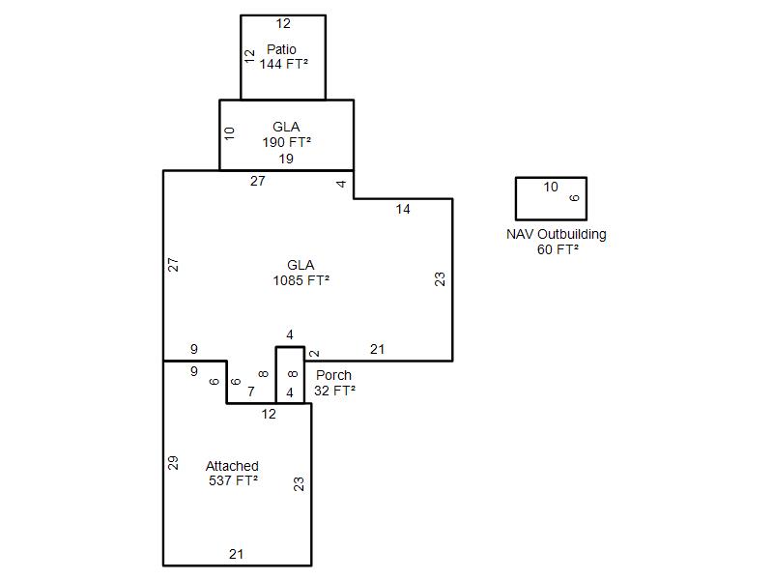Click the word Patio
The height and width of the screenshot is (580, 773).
coord(282,49)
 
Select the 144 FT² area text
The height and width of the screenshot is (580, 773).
coord(283,64)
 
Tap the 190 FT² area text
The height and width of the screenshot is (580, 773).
coord(286,141)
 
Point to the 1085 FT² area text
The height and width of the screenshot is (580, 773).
coord(301,280)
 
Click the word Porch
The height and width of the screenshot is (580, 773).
coord(333,375)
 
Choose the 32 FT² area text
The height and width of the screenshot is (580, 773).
coord(334,391)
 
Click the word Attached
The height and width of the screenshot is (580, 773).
coord(232,466)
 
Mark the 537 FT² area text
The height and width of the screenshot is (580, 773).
coord(233,480)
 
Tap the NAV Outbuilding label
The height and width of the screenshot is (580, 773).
coord(557,234)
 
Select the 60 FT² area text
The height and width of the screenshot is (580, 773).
coord(558,249)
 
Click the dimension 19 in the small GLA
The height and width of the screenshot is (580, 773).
coord(286,159)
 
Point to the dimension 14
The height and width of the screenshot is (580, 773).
coord(403,209)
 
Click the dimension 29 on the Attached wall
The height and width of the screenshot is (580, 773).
coord(174,462)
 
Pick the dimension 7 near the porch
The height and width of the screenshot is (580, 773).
coord(251,391)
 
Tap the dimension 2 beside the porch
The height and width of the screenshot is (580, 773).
coord(315,354)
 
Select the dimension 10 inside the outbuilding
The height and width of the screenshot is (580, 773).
coord(551,188)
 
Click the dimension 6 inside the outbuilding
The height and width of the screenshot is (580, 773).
coord(574,198)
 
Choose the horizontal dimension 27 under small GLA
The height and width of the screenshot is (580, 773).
coord(258,181)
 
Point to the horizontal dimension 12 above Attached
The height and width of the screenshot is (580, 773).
coord(269,414)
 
